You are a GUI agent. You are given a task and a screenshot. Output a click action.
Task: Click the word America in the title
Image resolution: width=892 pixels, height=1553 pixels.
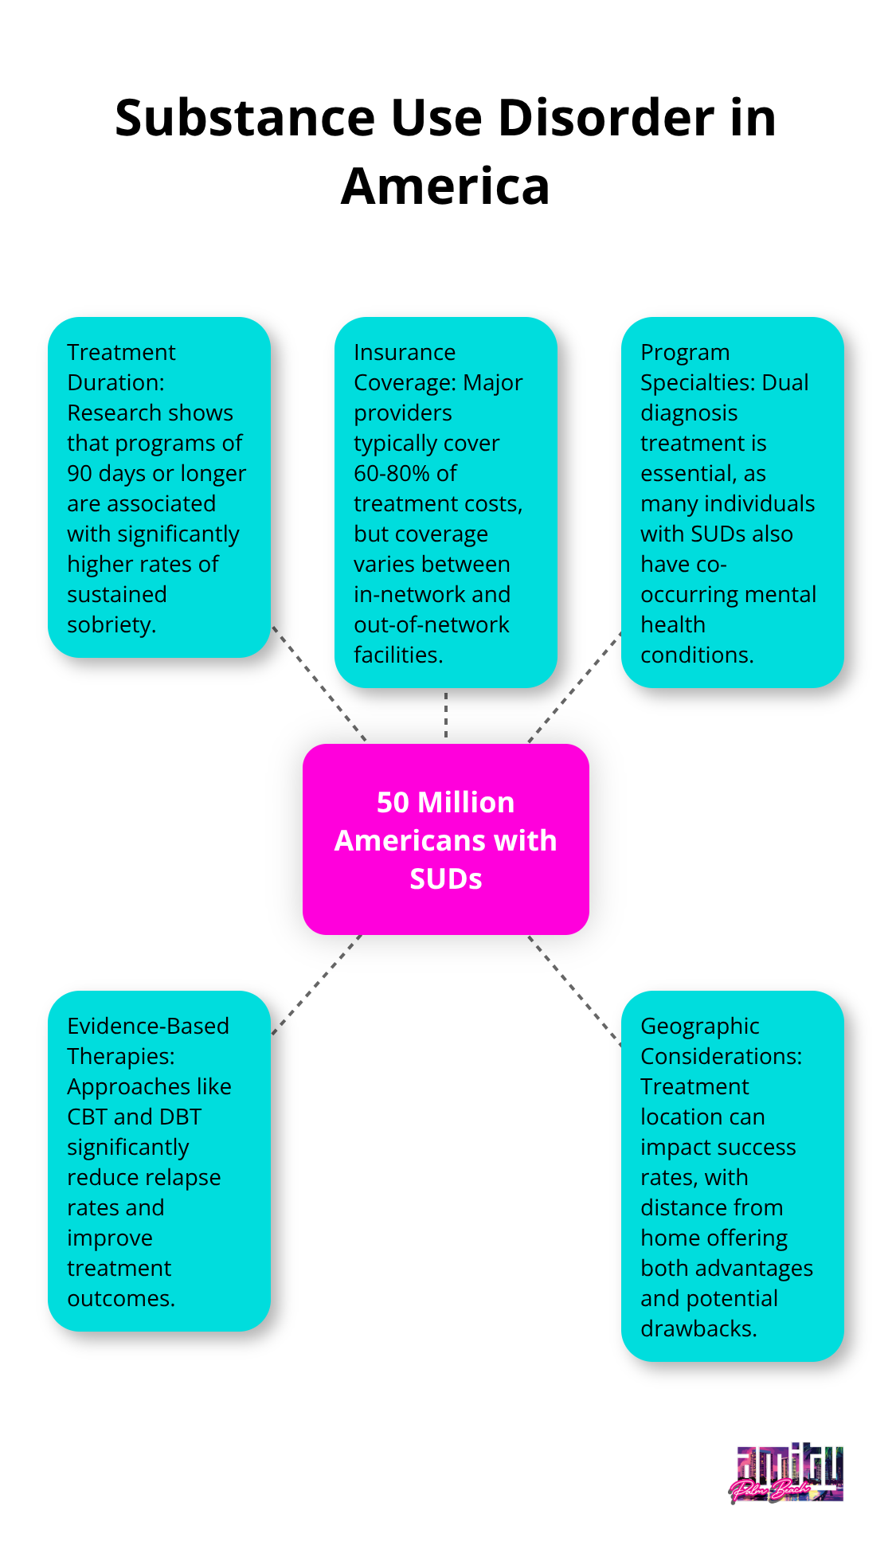click(x=445, y=186)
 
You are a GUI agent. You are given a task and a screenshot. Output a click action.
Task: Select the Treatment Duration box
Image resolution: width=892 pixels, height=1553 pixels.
click(x=159, y=487)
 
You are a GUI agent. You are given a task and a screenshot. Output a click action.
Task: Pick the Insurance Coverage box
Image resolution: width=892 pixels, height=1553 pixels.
click(x=445, y=502)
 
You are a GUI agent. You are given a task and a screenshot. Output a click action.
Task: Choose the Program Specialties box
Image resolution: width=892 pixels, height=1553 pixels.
click(x=732, y=502)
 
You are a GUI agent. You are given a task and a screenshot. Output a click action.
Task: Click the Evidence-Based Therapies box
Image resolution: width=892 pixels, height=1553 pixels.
click(x=159, y=1160)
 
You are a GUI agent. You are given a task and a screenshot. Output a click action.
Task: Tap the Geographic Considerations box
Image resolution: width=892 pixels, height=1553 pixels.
click(x=732, y=1176)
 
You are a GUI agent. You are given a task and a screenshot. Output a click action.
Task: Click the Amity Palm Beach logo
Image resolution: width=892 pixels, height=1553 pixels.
click(x=786, y=1474)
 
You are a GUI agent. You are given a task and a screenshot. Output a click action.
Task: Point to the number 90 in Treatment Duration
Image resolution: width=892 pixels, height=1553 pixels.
click(x=80, y=474)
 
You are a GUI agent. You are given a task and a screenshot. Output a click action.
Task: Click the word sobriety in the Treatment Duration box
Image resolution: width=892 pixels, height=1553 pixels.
click(x=111, y=625)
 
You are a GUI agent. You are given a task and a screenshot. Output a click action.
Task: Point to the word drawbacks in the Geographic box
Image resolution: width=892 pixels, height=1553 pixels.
click(x=698, y=1329)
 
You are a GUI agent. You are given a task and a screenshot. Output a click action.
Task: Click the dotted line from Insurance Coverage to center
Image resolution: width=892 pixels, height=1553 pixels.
click(x=446, y=715)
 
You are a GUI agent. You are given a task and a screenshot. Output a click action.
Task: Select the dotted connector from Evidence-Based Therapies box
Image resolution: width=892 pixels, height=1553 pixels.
click(x=316, y=985)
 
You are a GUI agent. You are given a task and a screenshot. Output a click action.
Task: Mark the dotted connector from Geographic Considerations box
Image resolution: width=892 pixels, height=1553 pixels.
click(x=575, y=990)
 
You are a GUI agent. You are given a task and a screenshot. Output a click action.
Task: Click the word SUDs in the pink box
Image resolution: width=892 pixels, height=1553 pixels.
click(x=445, y=879)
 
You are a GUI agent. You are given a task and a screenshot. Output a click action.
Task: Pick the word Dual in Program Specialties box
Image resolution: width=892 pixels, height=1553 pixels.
click(x=785, y=383)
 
